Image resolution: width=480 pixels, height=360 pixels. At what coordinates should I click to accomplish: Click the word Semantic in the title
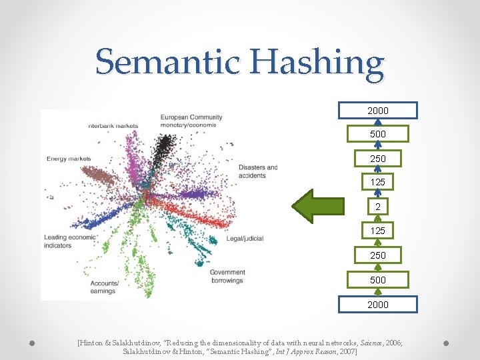(167, 63)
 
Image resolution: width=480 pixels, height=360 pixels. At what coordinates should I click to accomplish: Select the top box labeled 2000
(378, 110)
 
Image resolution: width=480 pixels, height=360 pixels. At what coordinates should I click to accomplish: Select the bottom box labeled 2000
(378, 304)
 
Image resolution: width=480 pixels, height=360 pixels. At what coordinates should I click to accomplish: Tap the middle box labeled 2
(378, 207)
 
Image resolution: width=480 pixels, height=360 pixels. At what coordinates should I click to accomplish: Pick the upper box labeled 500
(378, 134)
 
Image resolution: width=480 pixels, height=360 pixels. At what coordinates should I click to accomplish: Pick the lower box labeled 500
(378, 280)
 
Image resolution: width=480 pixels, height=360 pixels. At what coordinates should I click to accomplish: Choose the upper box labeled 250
(378, 159)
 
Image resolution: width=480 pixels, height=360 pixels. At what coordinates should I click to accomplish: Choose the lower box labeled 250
(378, 255)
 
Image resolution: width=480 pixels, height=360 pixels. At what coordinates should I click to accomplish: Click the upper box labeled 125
(378, 181)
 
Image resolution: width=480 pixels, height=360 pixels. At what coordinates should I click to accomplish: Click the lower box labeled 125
(378, 231)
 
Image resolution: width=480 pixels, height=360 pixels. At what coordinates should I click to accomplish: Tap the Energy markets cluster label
(68, 159)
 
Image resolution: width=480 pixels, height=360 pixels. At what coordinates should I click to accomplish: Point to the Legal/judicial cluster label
(245, 238)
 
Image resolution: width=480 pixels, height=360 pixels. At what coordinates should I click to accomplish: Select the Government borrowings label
(227, 276)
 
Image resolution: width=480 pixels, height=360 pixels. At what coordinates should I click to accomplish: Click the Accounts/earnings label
(105, 287)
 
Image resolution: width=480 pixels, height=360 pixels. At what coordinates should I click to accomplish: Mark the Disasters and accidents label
(257, 171)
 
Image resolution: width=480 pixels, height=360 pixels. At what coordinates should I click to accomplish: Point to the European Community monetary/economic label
(191, 121)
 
